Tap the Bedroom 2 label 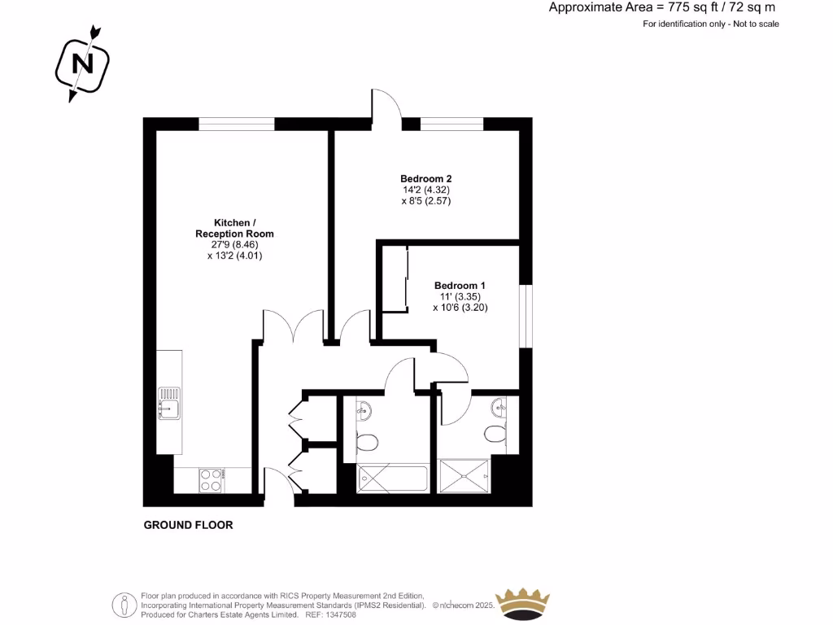click(x=425, y=179)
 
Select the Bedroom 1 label click(x=460, y=286)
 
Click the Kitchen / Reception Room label click(x=234, y=228)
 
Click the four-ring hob click(x=211, y=480)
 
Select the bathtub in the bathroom click(x=392, y=479)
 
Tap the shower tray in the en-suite click(x=464, y=475)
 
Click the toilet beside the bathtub click(x=368, y=443)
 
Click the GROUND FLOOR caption click(x=188, y=525)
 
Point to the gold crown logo click(x=523, y=603)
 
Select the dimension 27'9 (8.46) click(x=234, y=244)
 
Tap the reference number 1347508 click(x=342, y=614)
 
